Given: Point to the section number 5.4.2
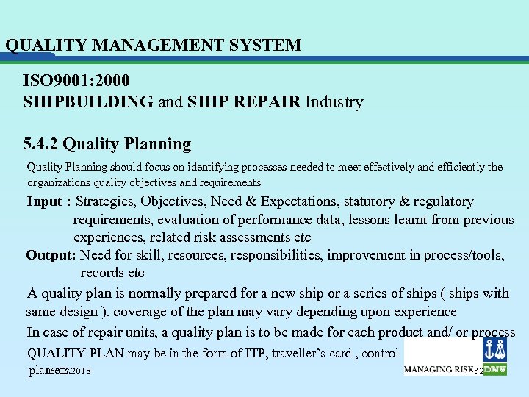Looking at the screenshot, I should pos(46,143).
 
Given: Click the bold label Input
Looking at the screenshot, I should pos(46,201).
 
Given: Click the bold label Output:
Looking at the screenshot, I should pos(51,255).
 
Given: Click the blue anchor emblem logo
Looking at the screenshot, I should pos(492,349).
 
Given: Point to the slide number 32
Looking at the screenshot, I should pos(479,371).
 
